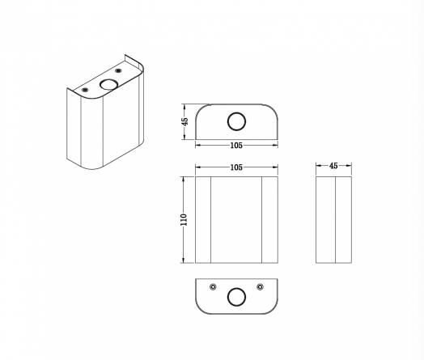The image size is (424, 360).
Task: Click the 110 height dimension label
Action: tap(184, 220)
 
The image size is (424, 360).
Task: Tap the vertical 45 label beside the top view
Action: tap(184, 121)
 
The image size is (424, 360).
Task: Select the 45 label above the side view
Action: tap(333, 166)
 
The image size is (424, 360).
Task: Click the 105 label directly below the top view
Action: tap(236, 146)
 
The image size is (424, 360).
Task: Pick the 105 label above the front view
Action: tap(236, 167)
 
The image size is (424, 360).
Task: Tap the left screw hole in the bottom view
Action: tap(213, 286)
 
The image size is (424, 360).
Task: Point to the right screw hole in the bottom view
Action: tap(260, 286)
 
